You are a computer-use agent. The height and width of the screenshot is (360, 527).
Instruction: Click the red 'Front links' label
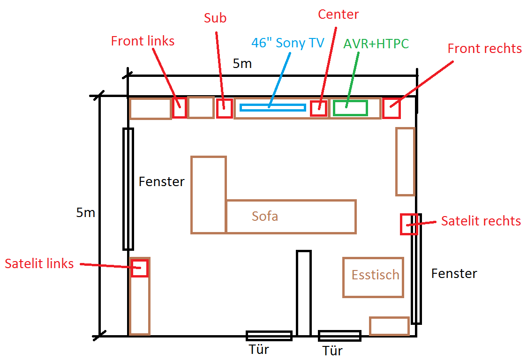(143, 41)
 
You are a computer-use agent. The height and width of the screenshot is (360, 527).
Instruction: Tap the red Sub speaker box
(225, 108)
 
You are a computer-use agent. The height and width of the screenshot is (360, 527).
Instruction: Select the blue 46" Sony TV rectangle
(273, 107)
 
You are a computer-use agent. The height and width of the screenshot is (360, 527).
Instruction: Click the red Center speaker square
(319, 108)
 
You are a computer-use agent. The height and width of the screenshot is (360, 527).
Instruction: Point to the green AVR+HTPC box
(350, 108)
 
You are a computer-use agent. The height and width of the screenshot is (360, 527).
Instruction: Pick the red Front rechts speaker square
(391, 108)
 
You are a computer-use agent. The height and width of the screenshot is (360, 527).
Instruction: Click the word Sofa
(265, 216)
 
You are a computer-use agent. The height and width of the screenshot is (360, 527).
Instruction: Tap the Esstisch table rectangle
(373, 277)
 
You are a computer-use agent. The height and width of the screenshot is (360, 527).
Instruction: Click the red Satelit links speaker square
(140, 269)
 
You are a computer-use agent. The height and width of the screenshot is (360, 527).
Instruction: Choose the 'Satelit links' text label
(39, 263)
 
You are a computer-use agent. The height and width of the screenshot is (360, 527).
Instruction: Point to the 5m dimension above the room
(242, 64)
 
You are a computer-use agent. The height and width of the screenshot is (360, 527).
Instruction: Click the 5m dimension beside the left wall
(85, 213)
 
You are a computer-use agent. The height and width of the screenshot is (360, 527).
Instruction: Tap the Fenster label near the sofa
(162, 182)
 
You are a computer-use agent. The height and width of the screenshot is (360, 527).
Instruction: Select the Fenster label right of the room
(454, 273)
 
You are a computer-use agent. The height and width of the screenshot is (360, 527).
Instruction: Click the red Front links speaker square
(180, 108)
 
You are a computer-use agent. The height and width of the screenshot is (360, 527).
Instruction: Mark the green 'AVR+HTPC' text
(376, 44)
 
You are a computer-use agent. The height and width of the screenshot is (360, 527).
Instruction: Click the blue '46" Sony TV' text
(288, 43)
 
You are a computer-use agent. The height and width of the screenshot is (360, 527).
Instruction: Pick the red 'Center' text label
(338, 15)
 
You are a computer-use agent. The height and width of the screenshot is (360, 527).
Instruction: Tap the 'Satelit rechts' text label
(481, 221)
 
